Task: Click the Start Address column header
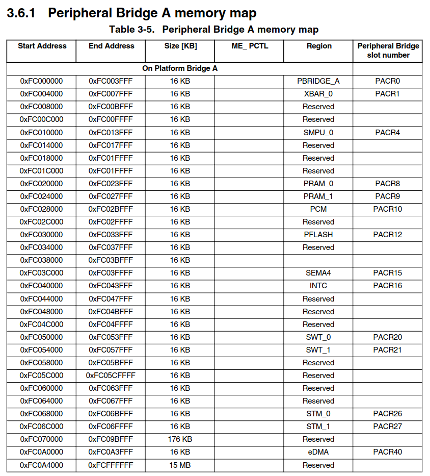[42, 46]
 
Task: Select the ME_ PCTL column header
[250, 46]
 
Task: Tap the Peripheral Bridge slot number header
[388, 51]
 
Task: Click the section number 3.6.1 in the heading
[21, 13]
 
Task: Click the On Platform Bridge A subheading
[180, 68]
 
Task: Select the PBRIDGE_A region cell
[318, 81]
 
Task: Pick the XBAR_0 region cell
[318, 94]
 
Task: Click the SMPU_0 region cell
[318, 133]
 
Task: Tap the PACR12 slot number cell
[387, 235]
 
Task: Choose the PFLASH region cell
[318, 235]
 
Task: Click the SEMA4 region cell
[318, 273]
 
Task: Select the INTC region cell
[318, 286]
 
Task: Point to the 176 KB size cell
[180, 439]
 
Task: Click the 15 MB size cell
[180, 465]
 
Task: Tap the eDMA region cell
[318, 452]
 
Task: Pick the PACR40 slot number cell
[387, 452]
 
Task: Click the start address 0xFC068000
[41, 414]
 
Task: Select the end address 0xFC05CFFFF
[111, 375]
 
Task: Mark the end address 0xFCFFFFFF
[111, 465]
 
